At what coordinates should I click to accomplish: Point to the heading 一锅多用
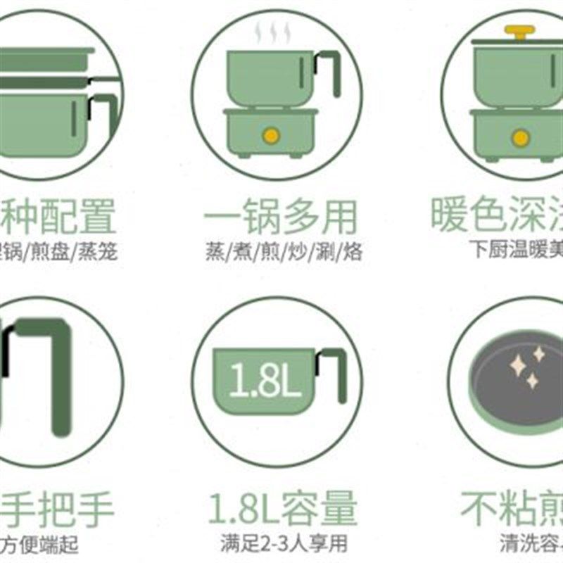pos(281,216)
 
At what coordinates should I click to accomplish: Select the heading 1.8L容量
pos(282,509)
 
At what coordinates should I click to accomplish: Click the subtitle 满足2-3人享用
pos(281,543)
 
